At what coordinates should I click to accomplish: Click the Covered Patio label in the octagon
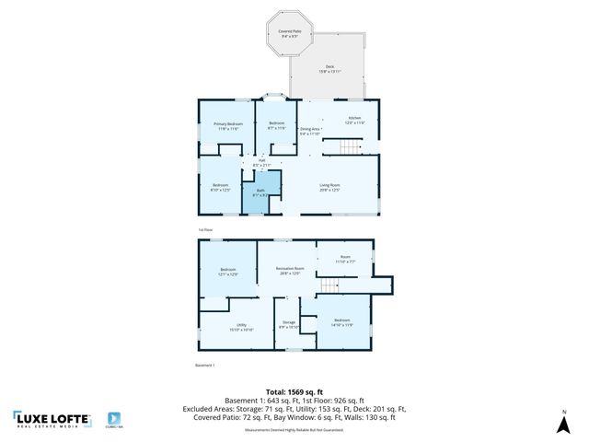(293, 33)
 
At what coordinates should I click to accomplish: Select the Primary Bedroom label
(228, 126)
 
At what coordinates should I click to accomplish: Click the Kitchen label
(354, 120)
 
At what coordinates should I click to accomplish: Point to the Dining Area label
(310, 131)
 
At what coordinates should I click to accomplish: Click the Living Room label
(330, 189)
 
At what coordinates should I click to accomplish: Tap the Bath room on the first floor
(260, 194)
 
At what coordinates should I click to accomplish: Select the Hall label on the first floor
(262, 163)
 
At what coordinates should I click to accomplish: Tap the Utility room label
(240, 327)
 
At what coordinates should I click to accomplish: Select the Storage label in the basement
(289, 324)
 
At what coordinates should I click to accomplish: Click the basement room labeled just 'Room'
(345, 260)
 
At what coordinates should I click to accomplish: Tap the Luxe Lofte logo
(52, 420)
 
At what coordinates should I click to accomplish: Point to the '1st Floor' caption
(205, 229)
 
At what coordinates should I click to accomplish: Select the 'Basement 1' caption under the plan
(205, 366)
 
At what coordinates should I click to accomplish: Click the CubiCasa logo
(116, 419)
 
